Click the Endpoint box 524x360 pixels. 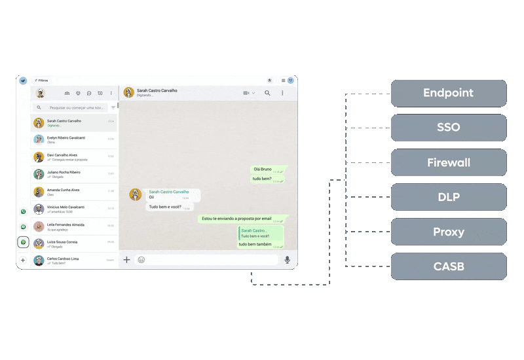pyautogui.click(x=449, y=93)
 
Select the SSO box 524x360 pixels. pyautogui.click(x=449, y=128)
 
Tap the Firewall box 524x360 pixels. pyautogui.click(x=449, y=162)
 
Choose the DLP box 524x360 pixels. pyautogui.click(x=449, y=197)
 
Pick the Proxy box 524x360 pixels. pyautogui.click(x=449, y=232)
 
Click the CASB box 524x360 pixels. pyautogui.click(x=449, y=266)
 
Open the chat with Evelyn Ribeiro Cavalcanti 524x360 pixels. pyautogui.click(x=66, y=138)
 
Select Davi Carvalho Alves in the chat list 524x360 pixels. pyautogui.click(x=62, y=155)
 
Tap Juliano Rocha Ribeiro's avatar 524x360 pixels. pyautogui.click(x=39, y=174)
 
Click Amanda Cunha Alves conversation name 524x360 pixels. pyautogui.click(x=63, y=190)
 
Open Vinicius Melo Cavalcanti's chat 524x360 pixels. pyautogui.click(x=66, y=207)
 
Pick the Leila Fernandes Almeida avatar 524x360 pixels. pyautogui.click(x=39, y=226)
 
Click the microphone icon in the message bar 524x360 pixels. pyautogui.click(x=287, y=260)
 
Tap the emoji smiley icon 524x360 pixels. pyautogui.click(x=141, y=260)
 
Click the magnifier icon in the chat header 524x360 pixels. pyautogui.click(x=267, y=93)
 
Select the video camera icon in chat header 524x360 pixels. pyautogui.click(x=247, y=93)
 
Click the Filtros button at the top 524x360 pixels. pyautogui.click(x=41, y=81)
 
